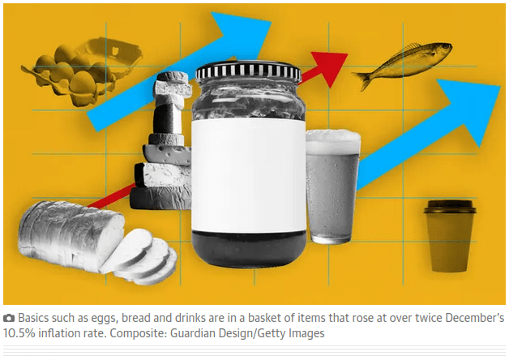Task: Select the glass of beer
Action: pyautogui.click(x=333, y=186)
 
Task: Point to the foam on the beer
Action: pyautogui.click(x=333, y=142)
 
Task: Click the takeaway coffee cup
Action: pyautogui.click(x=450, y=236)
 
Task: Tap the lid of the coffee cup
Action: pyautogui.click(x=450, y=207)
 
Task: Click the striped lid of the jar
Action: pyautogui.click(x=249, y=71)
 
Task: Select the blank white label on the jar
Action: pyautogui.click(x=249, y=175)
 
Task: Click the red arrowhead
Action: pyautogui.click(x=329, y=67)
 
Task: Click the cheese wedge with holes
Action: pyautogui.click(x=167, y=155)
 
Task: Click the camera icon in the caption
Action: pyautogui.click(x=9, y=318)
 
